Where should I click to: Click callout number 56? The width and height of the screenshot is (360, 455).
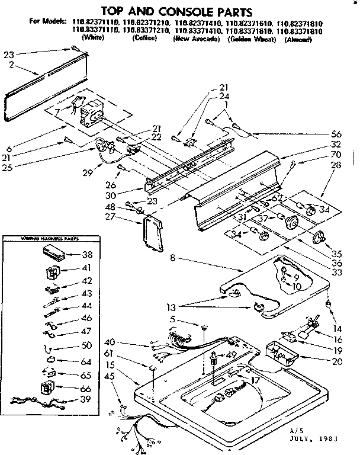coord(336,133)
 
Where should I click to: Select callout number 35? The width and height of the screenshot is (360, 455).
coord(336,242)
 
